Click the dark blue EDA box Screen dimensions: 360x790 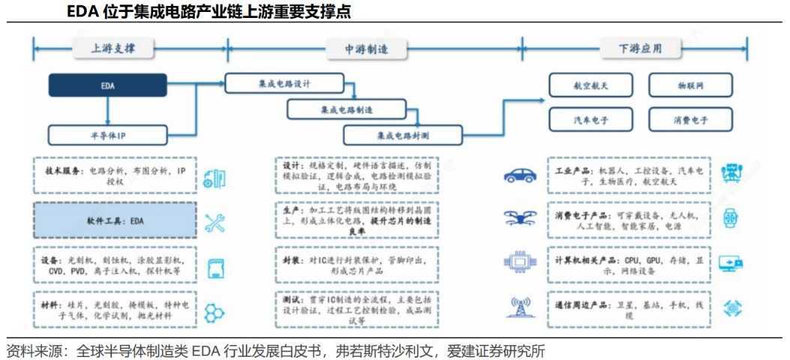[108, 85]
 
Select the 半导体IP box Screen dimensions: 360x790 [108, 134]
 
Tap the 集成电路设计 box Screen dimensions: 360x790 [284, 83]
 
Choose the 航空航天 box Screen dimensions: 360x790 [591, 85]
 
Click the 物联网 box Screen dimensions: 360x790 [690, 85]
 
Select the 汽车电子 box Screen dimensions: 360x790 [591, 118]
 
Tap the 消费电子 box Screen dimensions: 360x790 [690, 118]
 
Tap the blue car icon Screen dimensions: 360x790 [519, 176]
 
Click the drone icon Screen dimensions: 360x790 [519, 218]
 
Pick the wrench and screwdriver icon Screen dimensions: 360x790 [215, 221]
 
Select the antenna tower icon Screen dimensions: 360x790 [519, 306]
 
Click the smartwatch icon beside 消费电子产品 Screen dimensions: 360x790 [729, 218]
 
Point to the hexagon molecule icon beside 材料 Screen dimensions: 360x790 [215, 310]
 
